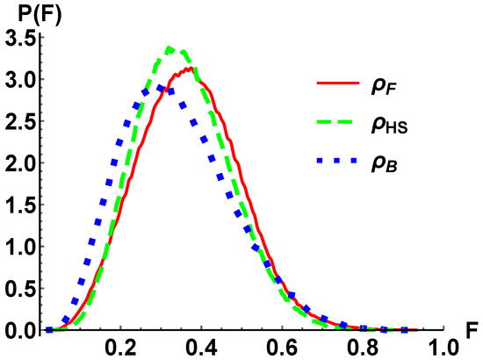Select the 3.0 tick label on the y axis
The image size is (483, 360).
coord(18,80)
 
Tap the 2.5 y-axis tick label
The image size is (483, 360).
coord(18,122)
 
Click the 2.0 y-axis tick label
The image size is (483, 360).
coord(18,163)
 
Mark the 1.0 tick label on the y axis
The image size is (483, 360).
coord(18,248)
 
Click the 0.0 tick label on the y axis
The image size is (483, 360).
coord(18,331)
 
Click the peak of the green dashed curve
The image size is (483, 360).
coord(173,48)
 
